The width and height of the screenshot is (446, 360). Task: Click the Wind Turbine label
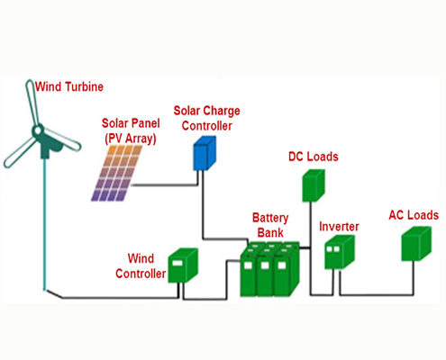pos(69,86)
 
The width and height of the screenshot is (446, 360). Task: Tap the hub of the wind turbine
pos(38,130)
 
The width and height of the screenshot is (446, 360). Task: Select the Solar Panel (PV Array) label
pos(131,130)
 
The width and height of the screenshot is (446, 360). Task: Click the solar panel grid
pos(117,173)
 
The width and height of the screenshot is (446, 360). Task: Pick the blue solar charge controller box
pos(205,153)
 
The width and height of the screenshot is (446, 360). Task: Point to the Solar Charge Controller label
pos(207,118)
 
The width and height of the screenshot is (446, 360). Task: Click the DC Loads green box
pos(314,185)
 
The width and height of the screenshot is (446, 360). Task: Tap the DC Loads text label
pos(314,157)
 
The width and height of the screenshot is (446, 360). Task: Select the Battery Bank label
pos(270,225)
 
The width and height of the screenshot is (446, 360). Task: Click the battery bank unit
pos(269,269)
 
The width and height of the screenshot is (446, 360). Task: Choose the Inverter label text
pos(339,227)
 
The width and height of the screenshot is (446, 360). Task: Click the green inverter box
pos(340,252)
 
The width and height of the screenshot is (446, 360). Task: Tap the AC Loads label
pos(414,215)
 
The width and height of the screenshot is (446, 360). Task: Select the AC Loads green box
pos(416,244)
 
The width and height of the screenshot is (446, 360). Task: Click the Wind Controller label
pos(141,266)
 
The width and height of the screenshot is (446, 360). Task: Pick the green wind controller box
pos(183,265)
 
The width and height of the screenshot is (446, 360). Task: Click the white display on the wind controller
pos(177,264)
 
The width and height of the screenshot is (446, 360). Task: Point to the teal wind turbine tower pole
pos(46,224)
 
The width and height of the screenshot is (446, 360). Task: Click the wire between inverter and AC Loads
pos(377,295)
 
